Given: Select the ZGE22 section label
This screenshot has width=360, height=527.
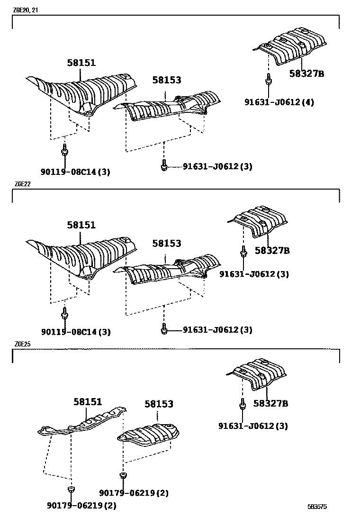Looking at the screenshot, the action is [22, 184].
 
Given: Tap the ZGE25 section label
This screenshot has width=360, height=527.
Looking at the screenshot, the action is [22, 344].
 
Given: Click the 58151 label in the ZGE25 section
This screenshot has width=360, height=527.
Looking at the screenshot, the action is [88, 402].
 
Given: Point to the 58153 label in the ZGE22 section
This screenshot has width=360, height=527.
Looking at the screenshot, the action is [167, 243].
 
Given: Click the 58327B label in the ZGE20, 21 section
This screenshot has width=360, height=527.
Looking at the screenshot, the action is [306, 73].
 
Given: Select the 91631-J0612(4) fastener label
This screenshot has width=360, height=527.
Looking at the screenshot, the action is [279, 102].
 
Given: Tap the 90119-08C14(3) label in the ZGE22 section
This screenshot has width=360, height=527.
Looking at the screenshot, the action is [76, 332].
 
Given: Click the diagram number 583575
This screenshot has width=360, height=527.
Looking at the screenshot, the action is [317, 507].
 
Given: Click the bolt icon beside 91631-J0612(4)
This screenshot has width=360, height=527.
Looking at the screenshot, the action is [268, 80].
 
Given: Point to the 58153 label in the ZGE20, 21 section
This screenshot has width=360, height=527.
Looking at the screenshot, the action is [167, 81].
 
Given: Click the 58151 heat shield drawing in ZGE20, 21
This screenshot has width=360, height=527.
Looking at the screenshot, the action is [83, 92].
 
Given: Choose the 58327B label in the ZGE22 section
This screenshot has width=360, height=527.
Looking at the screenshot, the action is [272, 250].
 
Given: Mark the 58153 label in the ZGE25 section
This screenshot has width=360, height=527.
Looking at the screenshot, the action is [159, 404].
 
